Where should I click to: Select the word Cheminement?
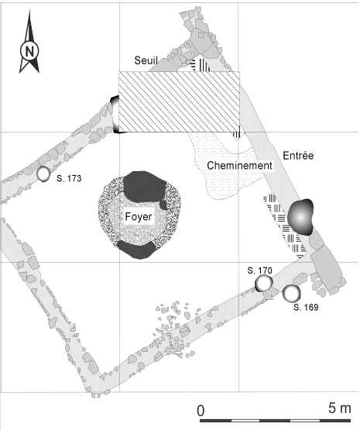(238, 165)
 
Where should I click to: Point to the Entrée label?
(298, 155)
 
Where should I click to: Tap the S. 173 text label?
(70, 178)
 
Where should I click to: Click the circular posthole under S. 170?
(265, 284)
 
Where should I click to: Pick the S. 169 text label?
(308, 308)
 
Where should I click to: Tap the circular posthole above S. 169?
(291, 294)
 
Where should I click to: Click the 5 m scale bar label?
(338, 408)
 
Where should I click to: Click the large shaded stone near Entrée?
(300, 218)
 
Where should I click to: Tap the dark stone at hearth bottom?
(136, 249)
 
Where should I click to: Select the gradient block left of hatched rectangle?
(115, 114)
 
